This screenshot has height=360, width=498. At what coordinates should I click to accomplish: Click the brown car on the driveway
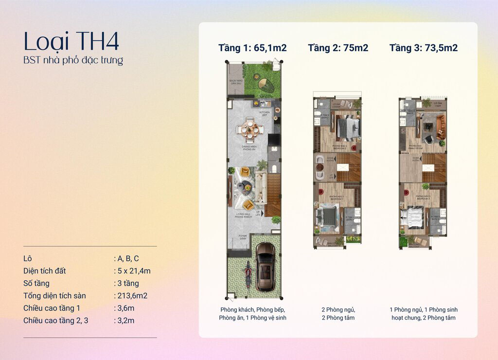pos(266,266)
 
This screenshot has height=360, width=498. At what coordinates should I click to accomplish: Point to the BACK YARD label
pos(236,82)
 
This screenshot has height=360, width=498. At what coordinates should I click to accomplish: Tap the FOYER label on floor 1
pos(242,237)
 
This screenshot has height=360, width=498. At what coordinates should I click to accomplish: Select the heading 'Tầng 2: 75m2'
pos(338,48)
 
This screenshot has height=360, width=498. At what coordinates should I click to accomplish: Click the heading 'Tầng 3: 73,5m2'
pos(423,48)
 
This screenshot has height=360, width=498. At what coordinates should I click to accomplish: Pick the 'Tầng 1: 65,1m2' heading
pos(252,48)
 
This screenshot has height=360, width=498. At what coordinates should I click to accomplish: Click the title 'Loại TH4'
pos(71,42)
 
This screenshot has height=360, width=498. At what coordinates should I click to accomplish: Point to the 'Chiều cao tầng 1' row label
pos(52,308)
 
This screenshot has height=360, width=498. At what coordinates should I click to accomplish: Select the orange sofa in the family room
pos(440,126)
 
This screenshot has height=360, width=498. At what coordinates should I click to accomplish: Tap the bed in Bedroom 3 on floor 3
pos(413,217)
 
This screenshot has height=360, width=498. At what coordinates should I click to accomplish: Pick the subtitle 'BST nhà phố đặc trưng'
pos(73,61)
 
